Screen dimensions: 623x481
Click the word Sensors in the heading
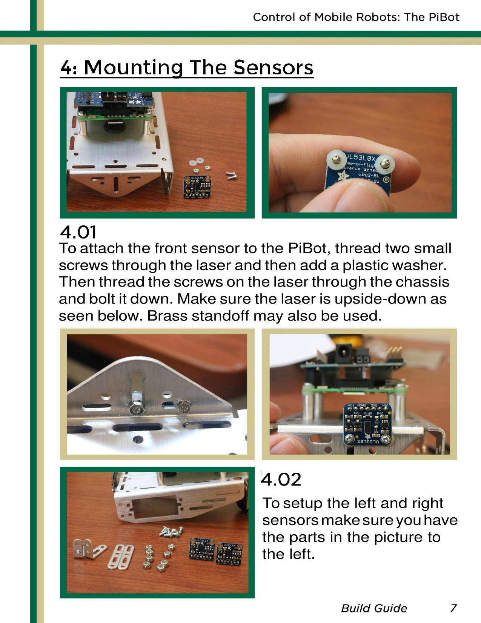273,68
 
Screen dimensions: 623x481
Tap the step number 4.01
78,232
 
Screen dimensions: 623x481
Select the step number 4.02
281,480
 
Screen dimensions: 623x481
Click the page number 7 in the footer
453,608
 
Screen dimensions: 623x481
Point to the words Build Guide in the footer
374,608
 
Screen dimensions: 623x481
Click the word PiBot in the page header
444,17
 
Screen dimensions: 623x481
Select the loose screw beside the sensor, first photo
231,175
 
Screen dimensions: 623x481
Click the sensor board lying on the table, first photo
197,187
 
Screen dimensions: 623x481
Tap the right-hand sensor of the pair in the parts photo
229,554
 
